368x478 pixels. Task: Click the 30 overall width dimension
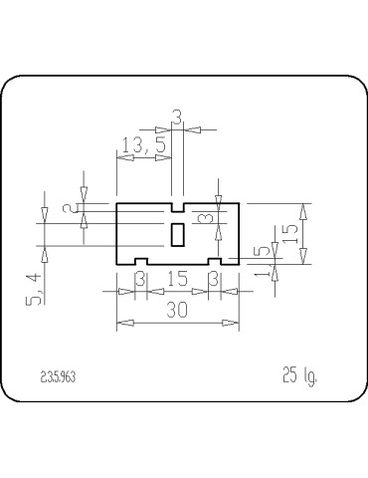point(177,311)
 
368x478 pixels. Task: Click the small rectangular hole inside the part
point(178,234)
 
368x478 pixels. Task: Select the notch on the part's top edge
point(178,208)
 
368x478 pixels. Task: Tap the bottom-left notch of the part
point(140,261)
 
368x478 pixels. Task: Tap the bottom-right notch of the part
point(214,261)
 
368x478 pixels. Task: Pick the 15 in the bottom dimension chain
point(177,279)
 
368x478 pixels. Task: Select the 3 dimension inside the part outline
point(204,217)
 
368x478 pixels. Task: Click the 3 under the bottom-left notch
point(140,279)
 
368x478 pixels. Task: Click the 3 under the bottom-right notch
point(214,279)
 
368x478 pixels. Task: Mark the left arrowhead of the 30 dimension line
point(121,324)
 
